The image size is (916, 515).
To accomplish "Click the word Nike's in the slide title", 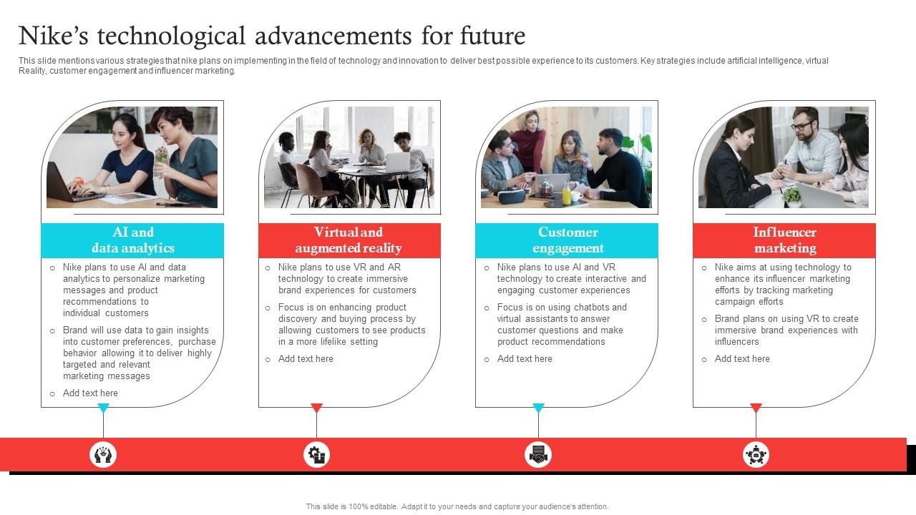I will point(52,35).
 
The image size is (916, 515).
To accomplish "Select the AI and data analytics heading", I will point(132,240).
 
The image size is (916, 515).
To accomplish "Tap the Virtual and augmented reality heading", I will point(349,240).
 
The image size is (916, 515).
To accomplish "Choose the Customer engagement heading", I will point(567,240).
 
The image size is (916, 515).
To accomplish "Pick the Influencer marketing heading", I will point(784,240).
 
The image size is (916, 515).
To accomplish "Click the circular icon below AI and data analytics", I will point(103,454).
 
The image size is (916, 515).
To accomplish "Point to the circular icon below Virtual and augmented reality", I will point(316,454).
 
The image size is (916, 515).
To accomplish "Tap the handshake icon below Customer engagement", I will point(538,454).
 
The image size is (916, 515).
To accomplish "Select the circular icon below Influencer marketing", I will point(756,454).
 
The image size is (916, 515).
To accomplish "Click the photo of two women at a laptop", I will point(132,157).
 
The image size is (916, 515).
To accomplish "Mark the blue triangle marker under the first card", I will point(103,408).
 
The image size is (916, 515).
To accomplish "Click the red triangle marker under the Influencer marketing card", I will point(756,408).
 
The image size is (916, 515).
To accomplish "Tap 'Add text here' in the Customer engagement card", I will point(525,359).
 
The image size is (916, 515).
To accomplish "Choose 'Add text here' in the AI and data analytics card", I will point(90,393).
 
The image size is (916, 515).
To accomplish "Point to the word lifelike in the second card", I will point(328,342).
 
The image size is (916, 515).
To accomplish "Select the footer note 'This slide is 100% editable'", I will point(457,506).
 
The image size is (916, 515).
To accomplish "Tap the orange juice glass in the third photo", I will point(567,194).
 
